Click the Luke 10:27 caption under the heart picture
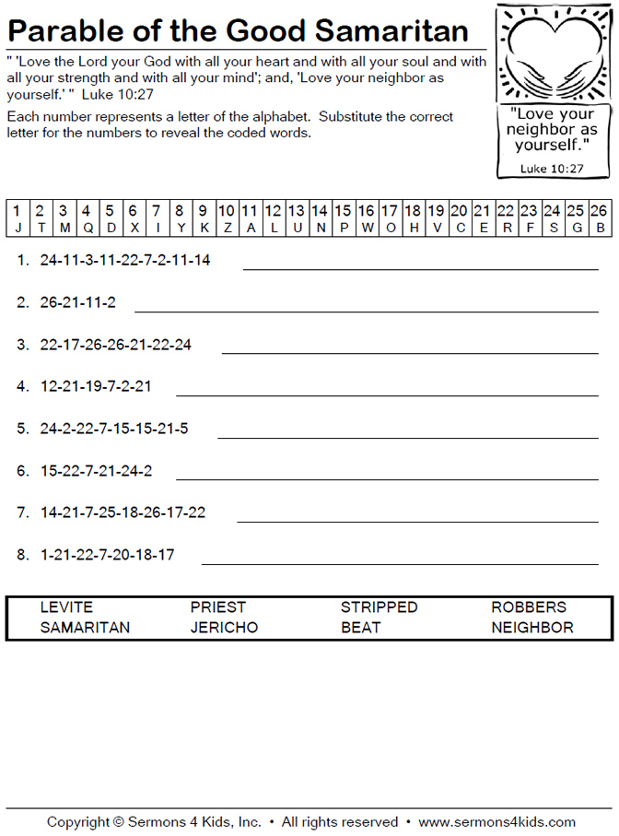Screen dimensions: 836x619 click(x=552, y=169)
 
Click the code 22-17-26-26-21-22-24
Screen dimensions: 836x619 click(x=116, y=345)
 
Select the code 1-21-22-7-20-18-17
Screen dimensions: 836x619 click(x=108, y=555)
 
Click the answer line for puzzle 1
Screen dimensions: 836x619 click(x=420, y=269)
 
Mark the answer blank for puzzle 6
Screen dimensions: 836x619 click(x=387, y=479)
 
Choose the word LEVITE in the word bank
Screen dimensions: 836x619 click(x=66, y=607)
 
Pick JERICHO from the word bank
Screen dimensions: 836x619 click(x=224, y=628)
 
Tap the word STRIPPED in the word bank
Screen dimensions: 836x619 click(x=379, y=607)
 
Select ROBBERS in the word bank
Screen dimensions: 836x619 click(x=529, y=607)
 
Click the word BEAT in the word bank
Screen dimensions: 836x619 click(x=360, y=628)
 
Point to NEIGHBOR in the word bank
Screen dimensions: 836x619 click(x=531, y=628)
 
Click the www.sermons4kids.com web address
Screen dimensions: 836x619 click(x=496, y=821)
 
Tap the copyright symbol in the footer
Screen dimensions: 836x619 click(x=118, y=821)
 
